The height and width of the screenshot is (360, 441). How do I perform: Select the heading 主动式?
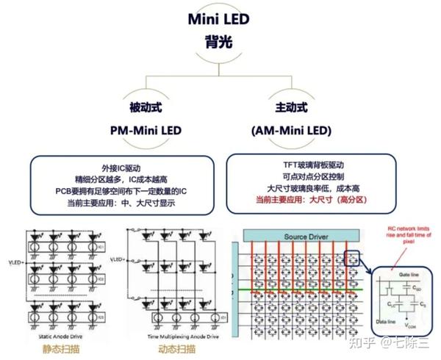[x=291, y=109]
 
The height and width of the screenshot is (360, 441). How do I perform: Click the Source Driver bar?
[x=300, y=237]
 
